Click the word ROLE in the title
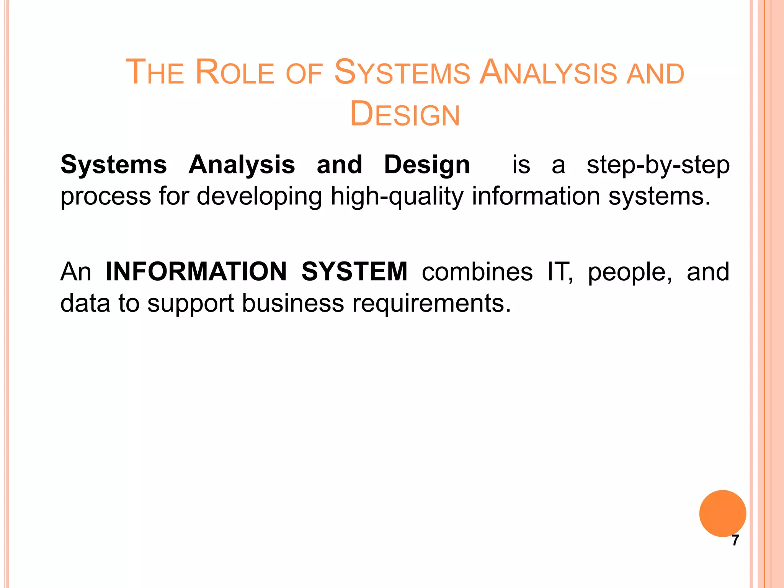click(235, 72)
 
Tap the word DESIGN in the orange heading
click(405, 114)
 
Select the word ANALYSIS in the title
click(548, 72)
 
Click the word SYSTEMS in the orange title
click(402, 72)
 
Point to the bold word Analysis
click(242, 165)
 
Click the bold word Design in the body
click(427, 165)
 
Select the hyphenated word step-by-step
click(658, 165)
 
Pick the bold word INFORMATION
click(196, 272)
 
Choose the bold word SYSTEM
click(354, 272)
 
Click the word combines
click(477, 272)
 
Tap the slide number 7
click(735, 541)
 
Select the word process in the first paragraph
click(106, 197)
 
